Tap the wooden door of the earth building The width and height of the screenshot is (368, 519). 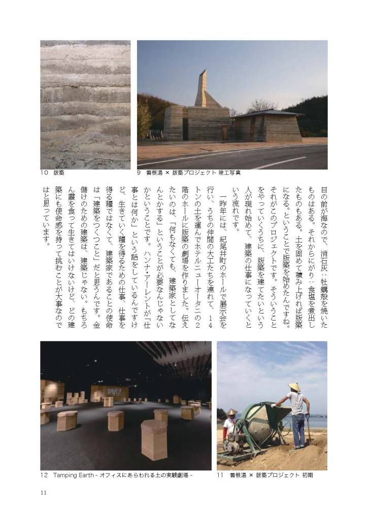[224, 133]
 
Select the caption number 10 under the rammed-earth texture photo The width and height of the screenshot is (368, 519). [45, 173]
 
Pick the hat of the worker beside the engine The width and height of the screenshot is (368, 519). [232, 412]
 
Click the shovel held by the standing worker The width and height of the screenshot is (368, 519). [309, 429]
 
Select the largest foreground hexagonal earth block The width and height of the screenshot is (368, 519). [153, 439]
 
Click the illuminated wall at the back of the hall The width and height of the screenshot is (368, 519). [109, 392]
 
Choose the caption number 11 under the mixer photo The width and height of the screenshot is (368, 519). [220, 475]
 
